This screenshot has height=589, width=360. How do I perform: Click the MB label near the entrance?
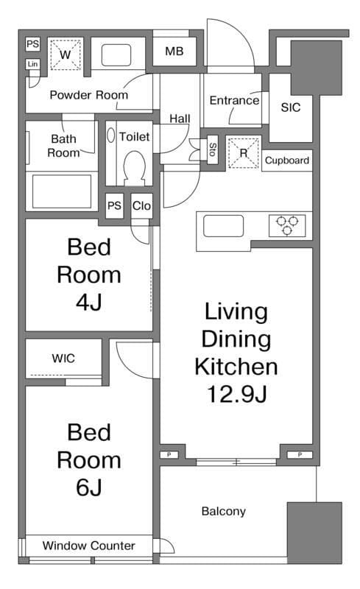tap(174, 51)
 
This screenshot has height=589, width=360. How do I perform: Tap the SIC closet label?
tap(291, 107)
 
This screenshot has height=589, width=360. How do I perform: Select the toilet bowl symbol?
tap(135, 168)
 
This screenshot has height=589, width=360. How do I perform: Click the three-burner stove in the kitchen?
tap(287, 225)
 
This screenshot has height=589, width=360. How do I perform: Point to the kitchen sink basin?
tap(223, 226)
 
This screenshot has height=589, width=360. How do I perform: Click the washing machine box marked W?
tap(66, 54)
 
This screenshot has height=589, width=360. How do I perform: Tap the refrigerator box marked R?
tap(244, 153)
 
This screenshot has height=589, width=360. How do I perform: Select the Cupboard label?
tap(287, 161)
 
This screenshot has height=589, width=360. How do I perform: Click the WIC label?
tap(63, 359)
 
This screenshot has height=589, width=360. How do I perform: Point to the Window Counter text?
tap(88, 546)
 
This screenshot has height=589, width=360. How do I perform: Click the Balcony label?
tap(224, 511)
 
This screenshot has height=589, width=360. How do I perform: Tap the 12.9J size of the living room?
tap(237, 394)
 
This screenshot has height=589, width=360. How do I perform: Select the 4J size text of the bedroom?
tap(89, 302)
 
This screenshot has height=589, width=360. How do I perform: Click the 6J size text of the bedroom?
tap(89, 487)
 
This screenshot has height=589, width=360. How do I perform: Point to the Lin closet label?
tap(32, 64)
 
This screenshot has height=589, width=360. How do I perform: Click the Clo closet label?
tap(141, 206)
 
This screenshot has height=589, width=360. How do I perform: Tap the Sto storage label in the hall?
tap(213, 149)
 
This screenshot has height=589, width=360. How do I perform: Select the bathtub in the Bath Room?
tap(62, 191)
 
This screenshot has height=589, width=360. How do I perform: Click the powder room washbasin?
tap(116, 55)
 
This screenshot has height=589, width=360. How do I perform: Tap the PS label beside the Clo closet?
tap(114, 206)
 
